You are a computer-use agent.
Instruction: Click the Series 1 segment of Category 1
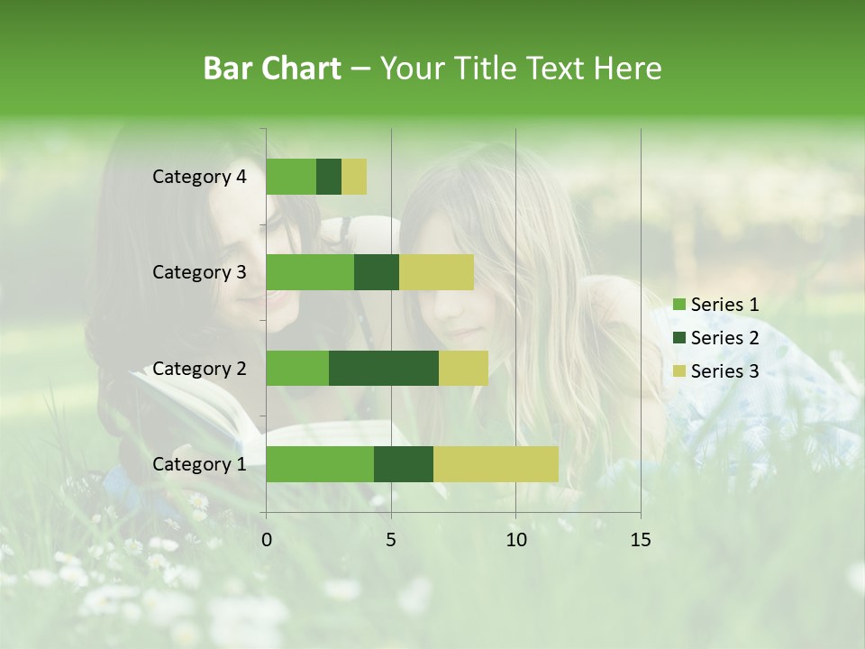click(320, 464)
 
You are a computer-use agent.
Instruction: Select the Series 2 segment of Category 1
click(404, 464)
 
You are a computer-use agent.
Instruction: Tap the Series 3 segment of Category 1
click(496, 464)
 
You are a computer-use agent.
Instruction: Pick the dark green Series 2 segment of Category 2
click(384, 368)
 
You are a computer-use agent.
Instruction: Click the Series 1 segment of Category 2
click(297, 368)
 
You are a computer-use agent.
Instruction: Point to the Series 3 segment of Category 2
click(463, 368)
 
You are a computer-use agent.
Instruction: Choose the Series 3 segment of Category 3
click(436, 272)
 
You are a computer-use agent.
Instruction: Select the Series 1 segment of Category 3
click(310, 272)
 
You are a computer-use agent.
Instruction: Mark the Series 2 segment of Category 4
click(329, 177)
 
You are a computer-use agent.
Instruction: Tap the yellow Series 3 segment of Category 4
click(354, 177)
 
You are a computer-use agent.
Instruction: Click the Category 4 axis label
click(199, 177)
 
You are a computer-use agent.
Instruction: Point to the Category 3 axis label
click(199, 272)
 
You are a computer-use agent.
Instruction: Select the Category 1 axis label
click(199, 464)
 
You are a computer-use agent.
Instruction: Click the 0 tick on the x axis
click(267, 540)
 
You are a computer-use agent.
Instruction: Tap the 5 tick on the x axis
click(391, 540)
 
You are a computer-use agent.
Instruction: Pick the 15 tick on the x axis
click(640, 540)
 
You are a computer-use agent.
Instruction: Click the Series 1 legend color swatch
click(678, 305)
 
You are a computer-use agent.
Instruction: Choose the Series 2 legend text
click(724, 338)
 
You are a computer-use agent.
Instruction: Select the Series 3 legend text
click(724, 371)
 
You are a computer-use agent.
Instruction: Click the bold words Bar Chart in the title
click(272, 69)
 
